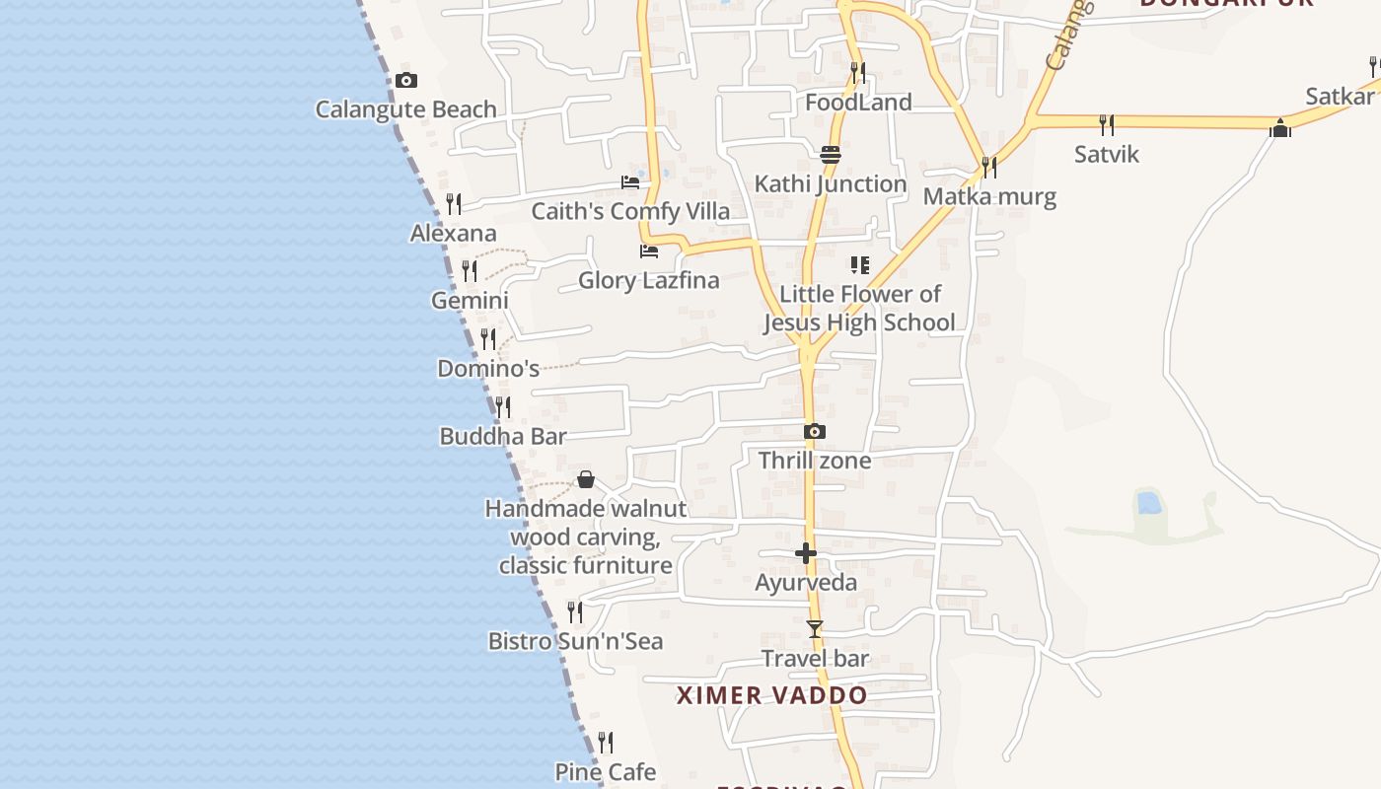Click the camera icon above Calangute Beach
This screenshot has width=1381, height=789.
coord(405,81)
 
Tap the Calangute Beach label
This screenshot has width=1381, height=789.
coord(405,109)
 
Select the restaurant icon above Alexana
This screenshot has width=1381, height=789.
coord(454,204)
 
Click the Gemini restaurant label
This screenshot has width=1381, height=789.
coord(470,300)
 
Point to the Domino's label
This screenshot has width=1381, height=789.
coord(488,369)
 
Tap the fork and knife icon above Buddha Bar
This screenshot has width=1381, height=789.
coord(503,406)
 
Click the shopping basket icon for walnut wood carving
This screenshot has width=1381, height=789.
coord(586,479)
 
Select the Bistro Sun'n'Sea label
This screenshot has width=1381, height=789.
coord(576,641)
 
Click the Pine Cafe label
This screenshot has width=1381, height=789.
coord(606,771)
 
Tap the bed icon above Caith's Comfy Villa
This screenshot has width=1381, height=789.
coord(630,182)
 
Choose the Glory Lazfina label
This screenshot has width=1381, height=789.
coord(649,280)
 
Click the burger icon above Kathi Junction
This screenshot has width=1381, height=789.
coord(831,154)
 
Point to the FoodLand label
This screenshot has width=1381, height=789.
coord(858,103)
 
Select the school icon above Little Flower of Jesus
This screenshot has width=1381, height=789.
coord(859,265)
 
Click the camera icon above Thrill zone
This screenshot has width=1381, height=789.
coord(815,431)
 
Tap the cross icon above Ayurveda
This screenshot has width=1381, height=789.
coord(806,553)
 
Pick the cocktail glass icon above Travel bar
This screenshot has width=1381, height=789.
coord(815,629)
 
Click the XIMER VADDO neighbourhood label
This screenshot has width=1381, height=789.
coord(771,695)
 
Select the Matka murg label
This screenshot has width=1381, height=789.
coord(989,196)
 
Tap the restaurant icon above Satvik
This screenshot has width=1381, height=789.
coord(1107,124)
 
